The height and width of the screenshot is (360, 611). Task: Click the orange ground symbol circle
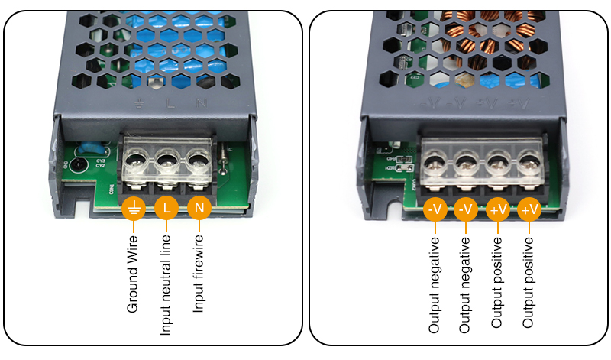click(134, 208)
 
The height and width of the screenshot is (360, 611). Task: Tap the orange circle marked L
click(166, 208)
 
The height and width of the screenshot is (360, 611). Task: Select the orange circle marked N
click(199, 208)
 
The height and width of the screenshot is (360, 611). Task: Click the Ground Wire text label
click(134, 274)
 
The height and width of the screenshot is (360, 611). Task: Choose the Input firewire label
click(198, 277)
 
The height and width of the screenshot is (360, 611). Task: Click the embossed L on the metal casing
click(170, 102)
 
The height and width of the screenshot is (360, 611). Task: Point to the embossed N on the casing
click(201, 102)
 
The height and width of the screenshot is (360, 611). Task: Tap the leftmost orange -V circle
click(435, 209)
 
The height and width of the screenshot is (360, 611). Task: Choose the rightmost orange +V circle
click(529, 209)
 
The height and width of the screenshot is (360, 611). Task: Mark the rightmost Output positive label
click(529, 283)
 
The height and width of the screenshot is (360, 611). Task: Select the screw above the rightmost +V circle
click(529, 164)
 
